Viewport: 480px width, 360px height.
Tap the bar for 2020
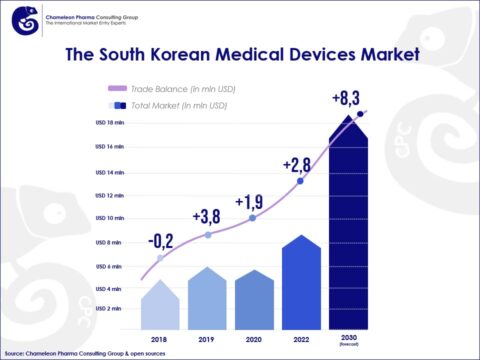click(254, 300)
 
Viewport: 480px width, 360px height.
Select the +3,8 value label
click(206, 215)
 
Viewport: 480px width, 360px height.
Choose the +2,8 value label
click(298, 164)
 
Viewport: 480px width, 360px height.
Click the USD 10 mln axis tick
click(109, 217)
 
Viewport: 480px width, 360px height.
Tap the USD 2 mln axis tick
click(109, 309)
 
